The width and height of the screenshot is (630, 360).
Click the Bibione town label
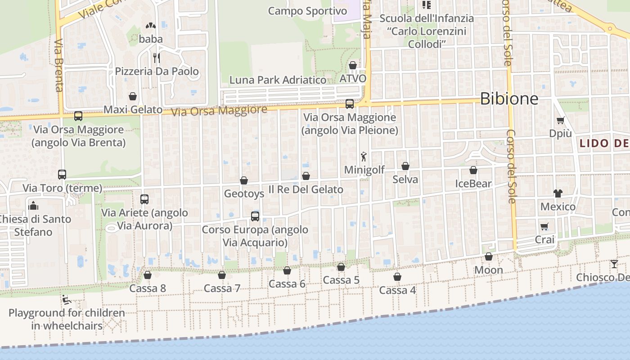tap(509, 99)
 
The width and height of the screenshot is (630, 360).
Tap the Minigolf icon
tap(364, 157)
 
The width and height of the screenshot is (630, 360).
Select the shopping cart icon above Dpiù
tap(560, 120)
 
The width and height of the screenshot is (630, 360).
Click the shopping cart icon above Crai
tap(544, 226)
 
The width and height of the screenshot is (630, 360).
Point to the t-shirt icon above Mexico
tap(558, 193)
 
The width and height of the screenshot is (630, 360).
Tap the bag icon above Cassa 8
tap(148, 274)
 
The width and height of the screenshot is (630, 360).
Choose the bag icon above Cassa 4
tap(397, 276)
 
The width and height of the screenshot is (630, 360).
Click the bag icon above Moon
tap(489, 256)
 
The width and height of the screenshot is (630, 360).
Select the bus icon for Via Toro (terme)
tap(62, 175)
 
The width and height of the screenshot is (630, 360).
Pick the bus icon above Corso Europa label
tap(255, 216)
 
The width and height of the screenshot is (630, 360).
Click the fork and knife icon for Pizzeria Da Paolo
tap(156, 58)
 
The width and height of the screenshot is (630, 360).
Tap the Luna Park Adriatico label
tap(278, 80)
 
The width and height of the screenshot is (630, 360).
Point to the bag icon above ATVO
tap(353, 65)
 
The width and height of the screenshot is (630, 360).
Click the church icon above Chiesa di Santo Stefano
tap(33, 206)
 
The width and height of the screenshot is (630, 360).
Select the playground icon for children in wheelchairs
tap(67, 299)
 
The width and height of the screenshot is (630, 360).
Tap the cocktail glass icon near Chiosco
tap(614, 264)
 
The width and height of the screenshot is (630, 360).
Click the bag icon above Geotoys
tap(244, 180)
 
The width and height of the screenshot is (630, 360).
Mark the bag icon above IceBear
tap(473, 170)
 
